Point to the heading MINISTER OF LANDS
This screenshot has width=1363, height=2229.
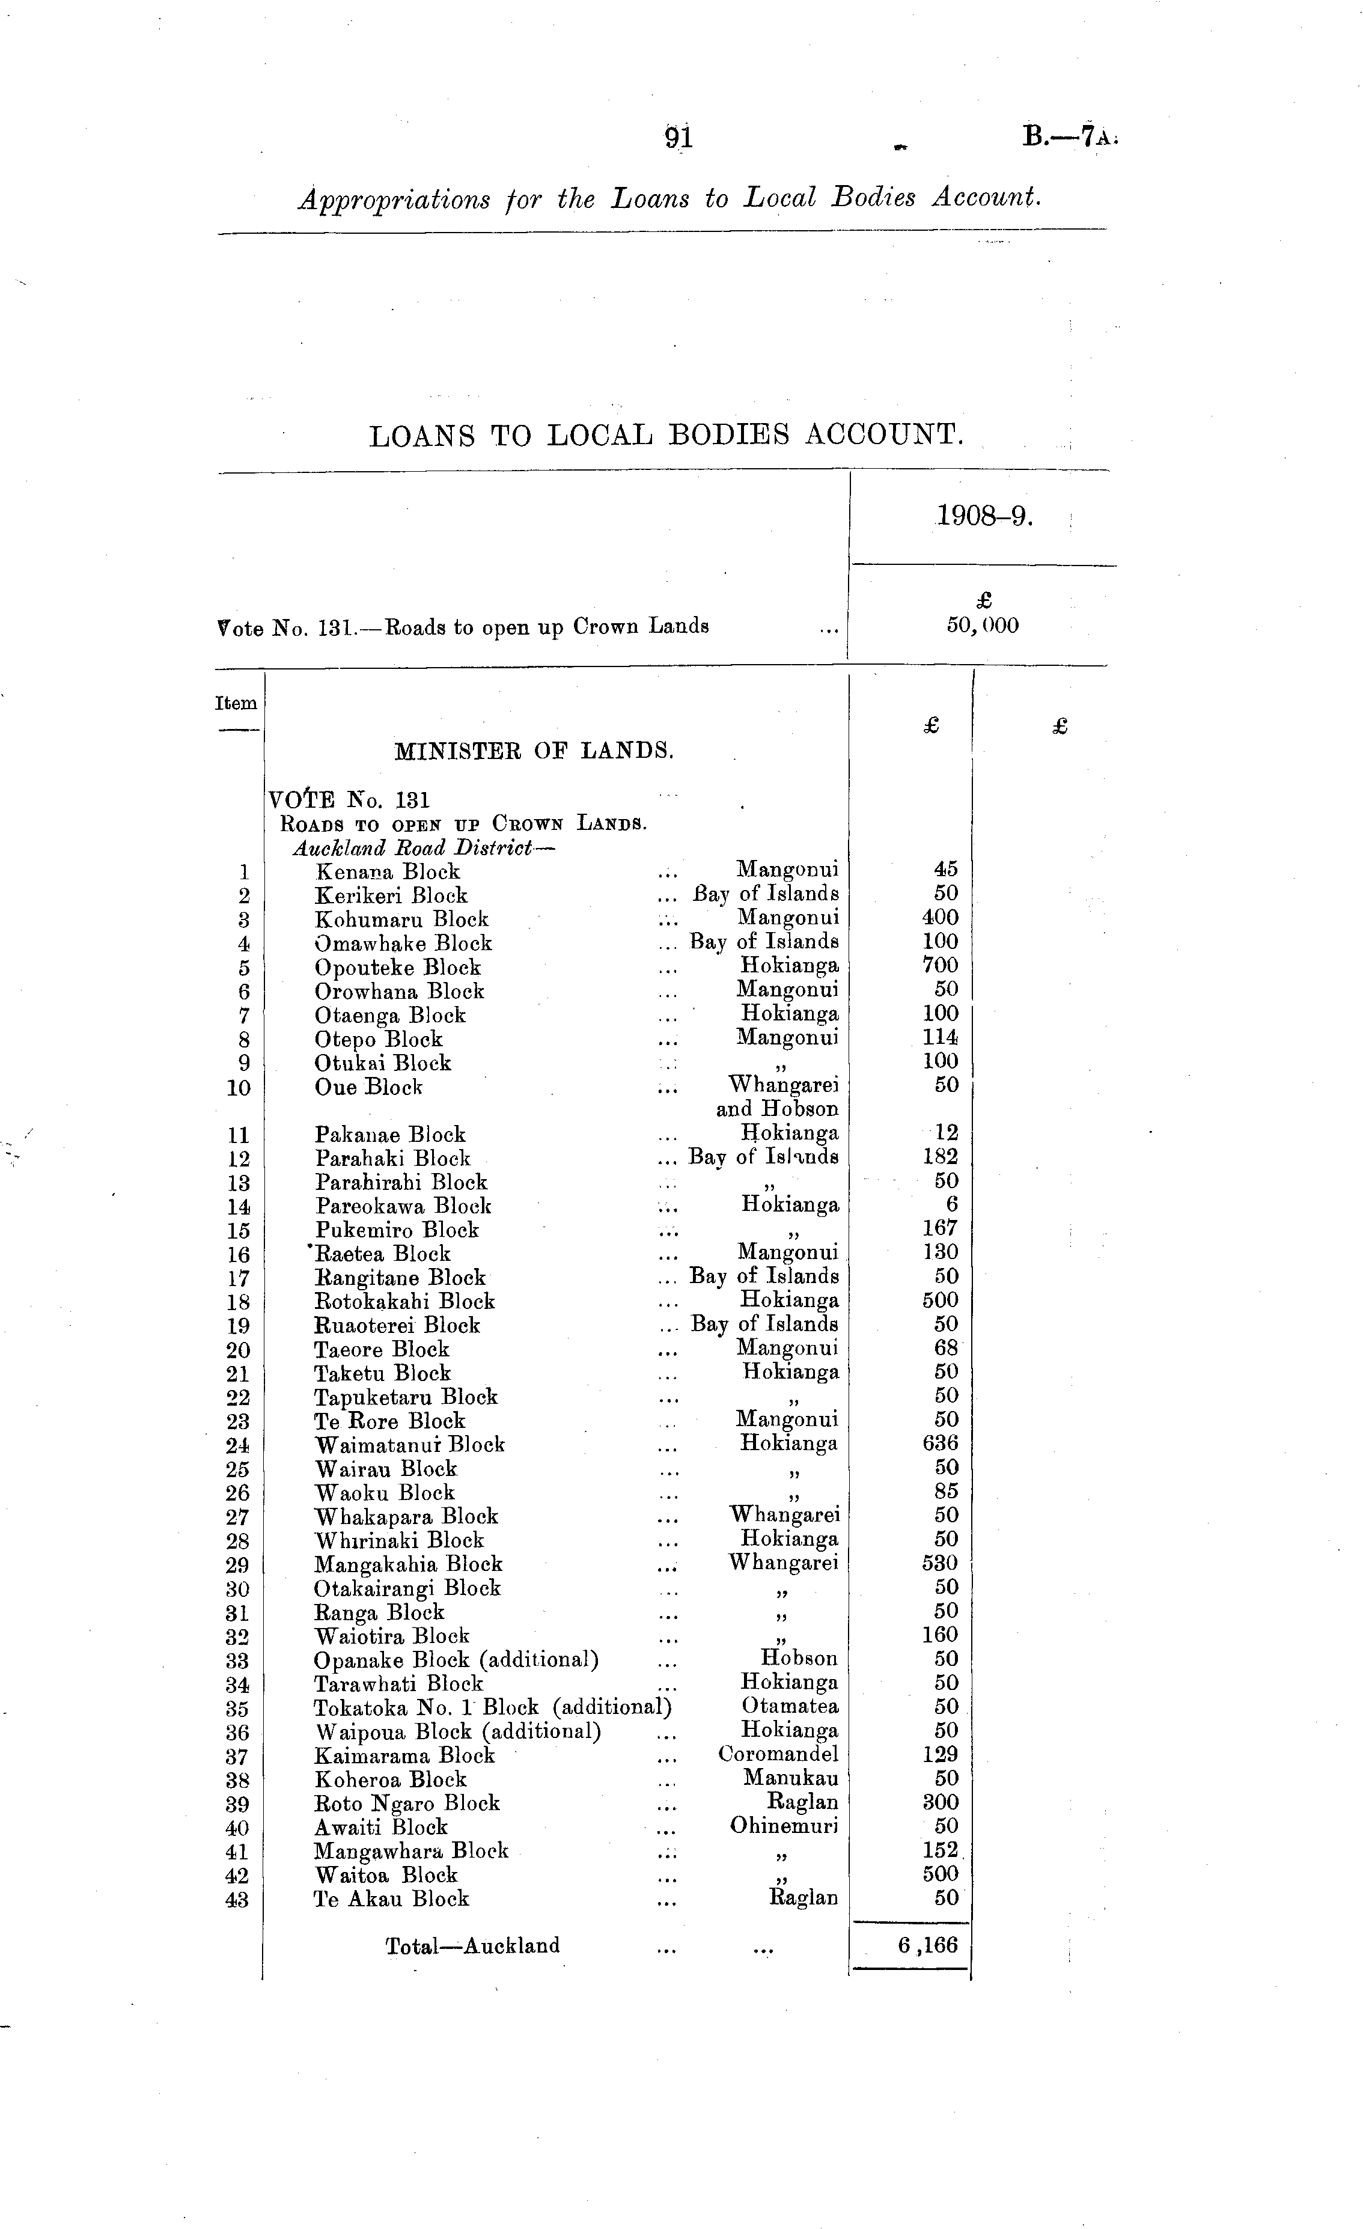click(534, 750)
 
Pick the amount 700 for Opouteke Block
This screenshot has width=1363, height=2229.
click(940, 965)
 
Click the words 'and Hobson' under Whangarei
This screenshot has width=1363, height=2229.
click(777, 1108)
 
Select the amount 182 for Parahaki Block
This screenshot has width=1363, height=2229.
click(940, 1156)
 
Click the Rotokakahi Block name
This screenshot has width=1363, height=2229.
click(404, 1302)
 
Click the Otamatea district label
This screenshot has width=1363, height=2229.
click(790, 1706)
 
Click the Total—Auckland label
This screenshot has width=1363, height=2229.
click(472, 1946)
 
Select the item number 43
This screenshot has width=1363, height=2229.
click(237, 1900)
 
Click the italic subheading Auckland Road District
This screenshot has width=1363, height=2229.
click(423, 849)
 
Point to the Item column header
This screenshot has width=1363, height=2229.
click(236, 703)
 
